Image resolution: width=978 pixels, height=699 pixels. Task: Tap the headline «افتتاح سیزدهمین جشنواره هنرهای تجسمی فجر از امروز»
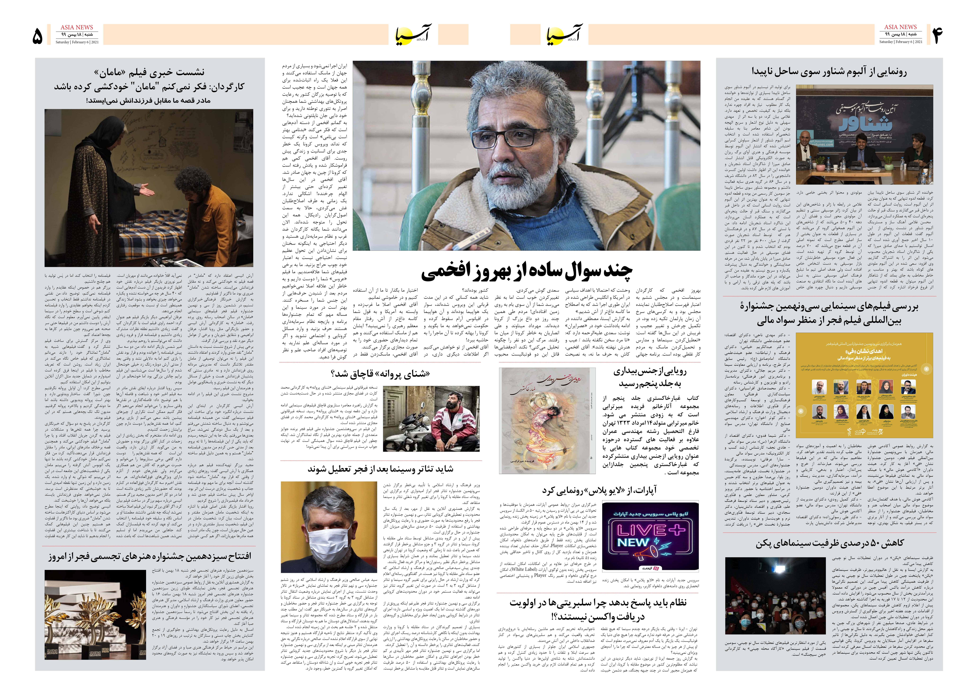(x=150, y=556)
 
